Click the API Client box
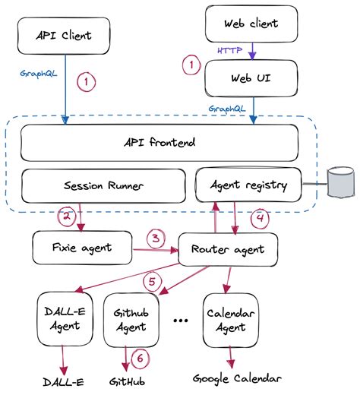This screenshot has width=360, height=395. pos(65,35)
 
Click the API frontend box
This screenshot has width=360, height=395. pos(159,141)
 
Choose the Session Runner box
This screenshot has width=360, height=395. pos(103,185)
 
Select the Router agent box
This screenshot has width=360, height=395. pos(227,248)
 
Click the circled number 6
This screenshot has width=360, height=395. pos(139,357)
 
